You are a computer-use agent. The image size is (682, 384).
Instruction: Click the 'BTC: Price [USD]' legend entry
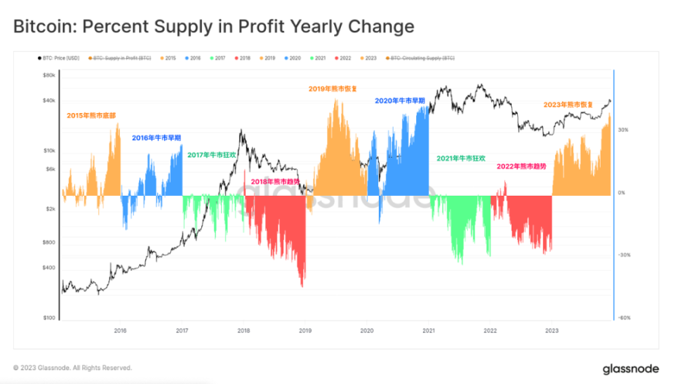[x=60, y=58]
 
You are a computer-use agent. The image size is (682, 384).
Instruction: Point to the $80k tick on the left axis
[x=49, y=74]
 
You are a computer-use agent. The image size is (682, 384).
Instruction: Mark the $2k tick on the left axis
[x=51, y=209]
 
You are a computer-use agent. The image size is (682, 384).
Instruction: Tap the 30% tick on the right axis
[x=624, y=130]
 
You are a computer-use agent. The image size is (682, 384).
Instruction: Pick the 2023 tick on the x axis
[x=552, y=329]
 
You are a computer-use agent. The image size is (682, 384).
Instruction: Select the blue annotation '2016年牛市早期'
[x=156, y=138]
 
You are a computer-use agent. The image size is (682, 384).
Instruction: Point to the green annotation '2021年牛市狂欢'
[x=460, y=159]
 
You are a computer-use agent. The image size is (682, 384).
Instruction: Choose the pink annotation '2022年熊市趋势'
[x=521, y=166]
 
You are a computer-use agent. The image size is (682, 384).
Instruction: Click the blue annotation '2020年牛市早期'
[x=400, y=100]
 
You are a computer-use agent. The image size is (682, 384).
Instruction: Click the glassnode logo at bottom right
[x=631, y=369]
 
